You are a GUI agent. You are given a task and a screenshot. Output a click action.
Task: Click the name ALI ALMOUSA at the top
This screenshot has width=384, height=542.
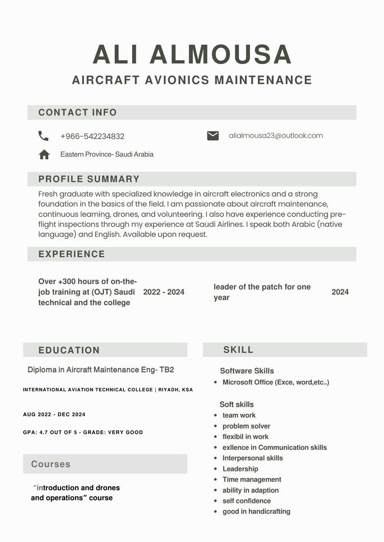pos(192,54)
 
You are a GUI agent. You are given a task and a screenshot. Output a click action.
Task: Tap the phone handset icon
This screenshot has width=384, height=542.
pos(43,136)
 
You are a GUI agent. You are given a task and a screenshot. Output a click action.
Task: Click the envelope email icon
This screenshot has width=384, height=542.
pos(213,135)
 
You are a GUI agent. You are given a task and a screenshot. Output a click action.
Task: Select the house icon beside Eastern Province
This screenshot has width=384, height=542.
pos(44,155)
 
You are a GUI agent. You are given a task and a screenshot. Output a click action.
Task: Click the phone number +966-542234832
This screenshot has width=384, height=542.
pos(92,136)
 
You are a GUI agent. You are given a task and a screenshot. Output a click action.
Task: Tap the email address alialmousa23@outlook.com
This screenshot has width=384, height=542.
pos(276,135)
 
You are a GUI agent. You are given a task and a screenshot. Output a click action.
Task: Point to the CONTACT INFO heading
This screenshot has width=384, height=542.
pos(78,113)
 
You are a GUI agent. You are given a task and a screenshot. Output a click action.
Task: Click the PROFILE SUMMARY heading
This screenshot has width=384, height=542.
pos(89,179)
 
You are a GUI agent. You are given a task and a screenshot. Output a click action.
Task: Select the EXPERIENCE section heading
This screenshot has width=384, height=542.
pos(72,254)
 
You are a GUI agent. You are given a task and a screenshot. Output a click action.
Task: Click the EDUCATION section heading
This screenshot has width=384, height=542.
pos(69,350)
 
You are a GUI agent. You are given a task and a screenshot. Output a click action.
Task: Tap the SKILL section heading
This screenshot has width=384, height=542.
pos(238,350)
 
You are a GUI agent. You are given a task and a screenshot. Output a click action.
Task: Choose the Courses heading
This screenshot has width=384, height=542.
pos(51,464)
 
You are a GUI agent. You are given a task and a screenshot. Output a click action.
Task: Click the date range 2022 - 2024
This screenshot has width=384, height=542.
pos(164,292)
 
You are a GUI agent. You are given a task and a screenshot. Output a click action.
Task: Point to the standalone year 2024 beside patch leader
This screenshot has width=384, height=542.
pos(340,292)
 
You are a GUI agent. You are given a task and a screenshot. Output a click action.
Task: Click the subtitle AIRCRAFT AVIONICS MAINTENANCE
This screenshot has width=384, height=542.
pos(192,80)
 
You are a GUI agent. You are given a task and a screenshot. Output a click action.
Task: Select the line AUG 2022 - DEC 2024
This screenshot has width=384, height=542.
pos(54,415)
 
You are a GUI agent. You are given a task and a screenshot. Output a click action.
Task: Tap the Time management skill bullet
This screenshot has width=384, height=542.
pos(252,479)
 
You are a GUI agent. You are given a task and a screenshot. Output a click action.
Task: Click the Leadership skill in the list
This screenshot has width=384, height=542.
pos(240,469)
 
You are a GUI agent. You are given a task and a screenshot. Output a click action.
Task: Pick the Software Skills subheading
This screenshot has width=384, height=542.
pos(247,371)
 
